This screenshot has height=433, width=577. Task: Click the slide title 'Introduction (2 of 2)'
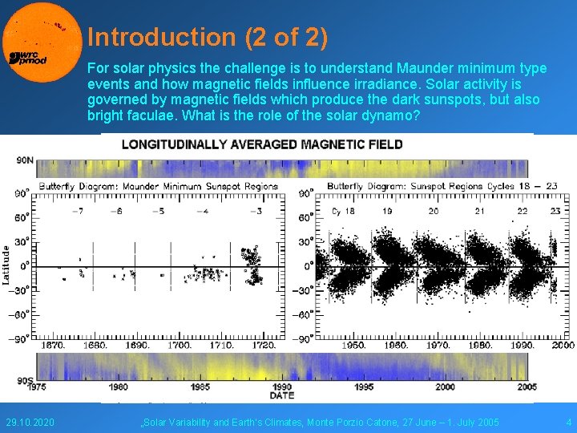tap(208, 37)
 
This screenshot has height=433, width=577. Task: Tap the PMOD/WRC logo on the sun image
tap(27, 57)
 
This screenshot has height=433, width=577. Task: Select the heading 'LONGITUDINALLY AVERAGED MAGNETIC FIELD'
tap(262, 144)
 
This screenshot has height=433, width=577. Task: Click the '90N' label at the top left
tap(26, 160)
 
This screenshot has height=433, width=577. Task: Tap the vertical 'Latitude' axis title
tap(7, 265)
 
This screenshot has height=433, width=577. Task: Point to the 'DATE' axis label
tap(281, 395)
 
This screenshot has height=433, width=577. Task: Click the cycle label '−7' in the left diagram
tap(77, 211)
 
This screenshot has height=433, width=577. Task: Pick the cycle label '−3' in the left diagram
tap(255, 211)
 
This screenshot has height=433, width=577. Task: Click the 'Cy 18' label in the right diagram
tap(344, 211)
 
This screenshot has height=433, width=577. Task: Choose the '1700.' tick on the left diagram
tap(179, 345)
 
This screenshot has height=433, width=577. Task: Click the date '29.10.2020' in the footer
tap(30, 422)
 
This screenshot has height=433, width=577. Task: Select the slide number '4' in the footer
tap(568, 422)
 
